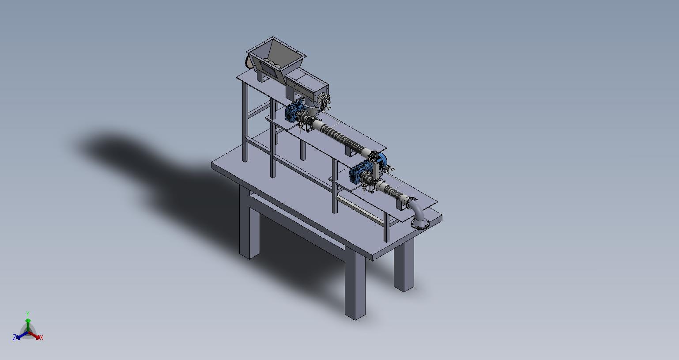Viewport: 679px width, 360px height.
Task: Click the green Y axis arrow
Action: tap(28, 325)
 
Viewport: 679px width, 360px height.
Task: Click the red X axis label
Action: tap(41, 337)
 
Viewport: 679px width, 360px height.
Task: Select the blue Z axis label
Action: tap(14, 337)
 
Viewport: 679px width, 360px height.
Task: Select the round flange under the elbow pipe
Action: tap(420, 224)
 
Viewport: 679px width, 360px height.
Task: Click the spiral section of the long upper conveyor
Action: tap(340, 136)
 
